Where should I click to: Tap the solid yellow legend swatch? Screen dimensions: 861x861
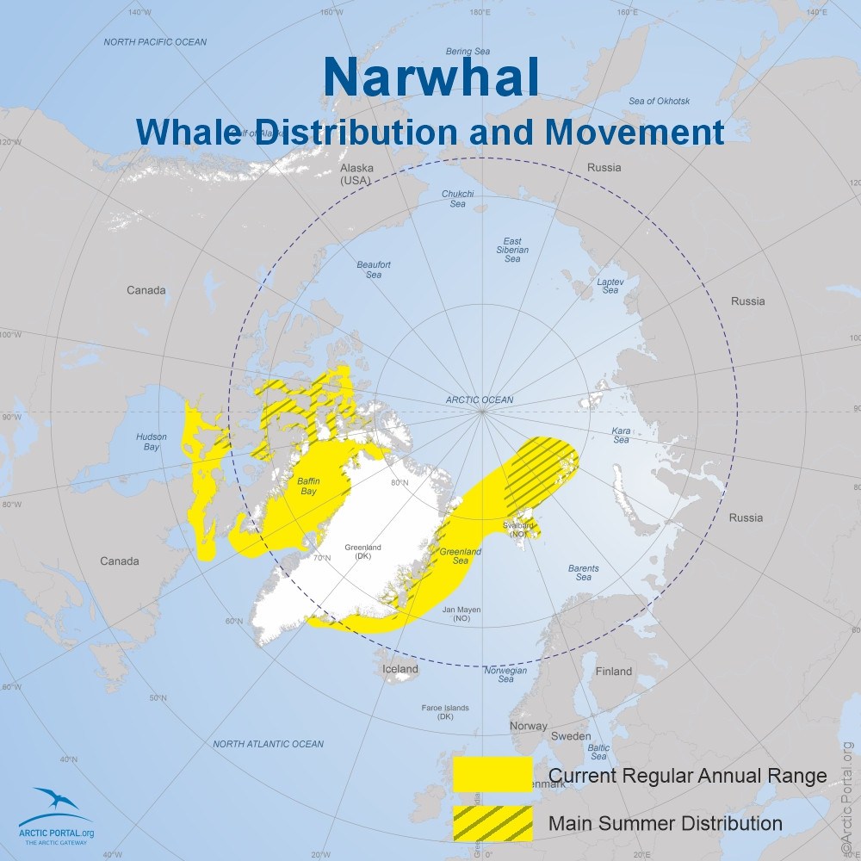click(x=492, y=775)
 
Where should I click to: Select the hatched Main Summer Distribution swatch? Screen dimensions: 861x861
click(x=492, y=823)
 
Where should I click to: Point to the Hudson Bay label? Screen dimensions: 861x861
click(x=152, y=442)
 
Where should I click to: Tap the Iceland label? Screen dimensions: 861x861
click(x=400, y=669)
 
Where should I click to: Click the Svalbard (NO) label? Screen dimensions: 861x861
click(x=518, y=529)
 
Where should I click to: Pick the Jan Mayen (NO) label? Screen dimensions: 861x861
click(x=461, y=614)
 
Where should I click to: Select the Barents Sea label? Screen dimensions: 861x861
click(x=584, y=573)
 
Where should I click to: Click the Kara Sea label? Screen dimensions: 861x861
click(x=621, y=435)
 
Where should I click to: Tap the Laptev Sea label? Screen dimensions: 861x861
click(x=610, y=286)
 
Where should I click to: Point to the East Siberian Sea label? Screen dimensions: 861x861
click(x=512, y=250)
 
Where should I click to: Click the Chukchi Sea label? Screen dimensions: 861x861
click(x=457, y=199)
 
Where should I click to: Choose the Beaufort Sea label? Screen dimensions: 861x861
click(x=374, y=269)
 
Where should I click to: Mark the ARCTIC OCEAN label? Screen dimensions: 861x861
click(x=480, y=400)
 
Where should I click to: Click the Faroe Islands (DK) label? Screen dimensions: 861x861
click(x=445, y=712)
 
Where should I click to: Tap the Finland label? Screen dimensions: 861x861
click(x=613, y=672)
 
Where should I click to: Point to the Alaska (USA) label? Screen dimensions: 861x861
click(x=354, y=175)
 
